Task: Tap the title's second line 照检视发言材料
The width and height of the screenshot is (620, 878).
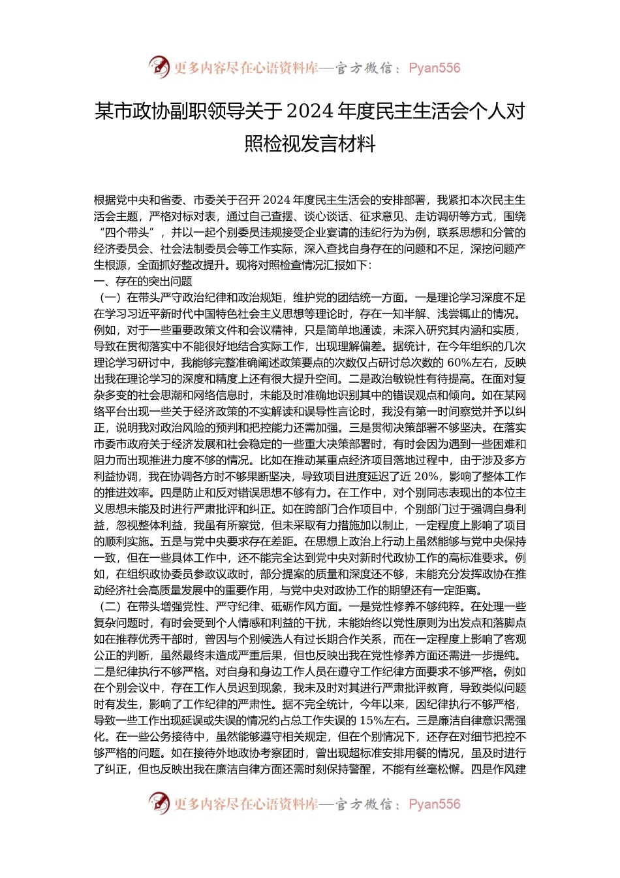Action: [310, 143]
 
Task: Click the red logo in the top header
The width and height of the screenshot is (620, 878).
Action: [159, 67]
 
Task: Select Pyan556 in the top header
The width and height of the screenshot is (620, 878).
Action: [434, 68]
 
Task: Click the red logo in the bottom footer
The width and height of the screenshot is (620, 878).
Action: [159, 804]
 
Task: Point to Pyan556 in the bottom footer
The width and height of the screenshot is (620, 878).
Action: [434, 804]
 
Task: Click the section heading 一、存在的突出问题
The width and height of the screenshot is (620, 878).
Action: [143, 282]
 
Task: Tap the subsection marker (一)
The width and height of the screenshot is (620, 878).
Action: [110, 298]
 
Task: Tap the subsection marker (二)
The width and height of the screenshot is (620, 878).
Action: [110, 607]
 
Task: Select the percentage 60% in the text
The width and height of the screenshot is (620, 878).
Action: [461, 363]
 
